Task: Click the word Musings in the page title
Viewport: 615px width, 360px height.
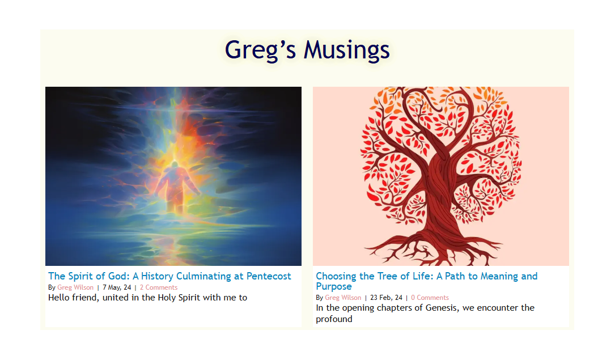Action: coord(347,50)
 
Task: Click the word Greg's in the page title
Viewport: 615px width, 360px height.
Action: coord(260,51)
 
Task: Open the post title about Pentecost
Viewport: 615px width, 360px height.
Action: coord(169,276)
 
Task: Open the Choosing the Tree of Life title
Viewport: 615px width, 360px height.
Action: coord(426,281)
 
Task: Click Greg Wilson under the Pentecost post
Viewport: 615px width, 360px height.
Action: coord(75,287)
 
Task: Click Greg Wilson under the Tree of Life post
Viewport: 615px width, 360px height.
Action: coord(343,298)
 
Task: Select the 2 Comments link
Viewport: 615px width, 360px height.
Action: coord(159,287)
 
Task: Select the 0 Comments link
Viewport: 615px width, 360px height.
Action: coord(430,298)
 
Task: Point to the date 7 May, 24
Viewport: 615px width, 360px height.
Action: coord(117,287)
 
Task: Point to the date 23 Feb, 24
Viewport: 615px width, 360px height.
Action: coord(387,298)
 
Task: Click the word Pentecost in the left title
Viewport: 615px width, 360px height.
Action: coord(269,276)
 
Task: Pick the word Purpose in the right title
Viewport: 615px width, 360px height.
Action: coord(334,287)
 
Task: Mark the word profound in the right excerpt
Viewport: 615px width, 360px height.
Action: coord(334,319)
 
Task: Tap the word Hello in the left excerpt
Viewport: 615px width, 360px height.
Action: coord(59,298)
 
